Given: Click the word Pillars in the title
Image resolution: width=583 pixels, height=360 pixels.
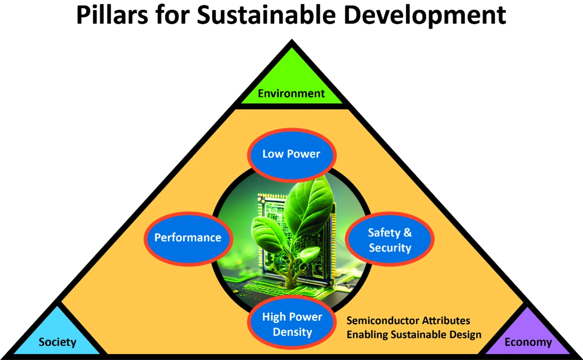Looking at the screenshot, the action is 112,15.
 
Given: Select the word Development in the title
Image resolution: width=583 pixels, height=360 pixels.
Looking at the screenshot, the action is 425,15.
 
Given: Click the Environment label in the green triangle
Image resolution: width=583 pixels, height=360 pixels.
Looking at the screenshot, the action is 291,93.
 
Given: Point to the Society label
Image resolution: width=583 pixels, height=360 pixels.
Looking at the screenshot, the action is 57,342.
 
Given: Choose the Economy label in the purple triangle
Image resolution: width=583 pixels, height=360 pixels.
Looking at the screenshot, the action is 528,342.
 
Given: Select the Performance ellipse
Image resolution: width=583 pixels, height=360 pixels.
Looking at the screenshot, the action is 188,238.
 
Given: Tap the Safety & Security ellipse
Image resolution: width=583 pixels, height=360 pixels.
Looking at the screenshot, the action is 389,239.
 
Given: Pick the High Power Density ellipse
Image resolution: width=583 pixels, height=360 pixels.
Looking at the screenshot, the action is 292,323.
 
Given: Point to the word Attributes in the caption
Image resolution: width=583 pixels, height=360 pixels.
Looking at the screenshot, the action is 446,320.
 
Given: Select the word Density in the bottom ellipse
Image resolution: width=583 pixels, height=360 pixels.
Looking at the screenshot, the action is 292,333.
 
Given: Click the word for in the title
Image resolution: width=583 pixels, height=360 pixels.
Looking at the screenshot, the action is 172,15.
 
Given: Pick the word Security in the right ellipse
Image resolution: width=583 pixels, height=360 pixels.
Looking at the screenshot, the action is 390,248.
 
